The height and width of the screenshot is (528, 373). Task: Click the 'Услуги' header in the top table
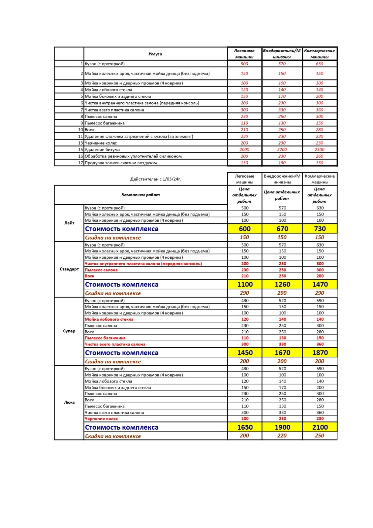click(155, 54)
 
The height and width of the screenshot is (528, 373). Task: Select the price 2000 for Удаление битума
click(244, 149)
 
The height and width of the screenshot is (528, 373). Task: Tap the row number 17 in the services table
click(80, 163)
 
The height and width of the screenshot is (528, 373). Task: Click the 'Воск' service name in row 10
click(89, 130)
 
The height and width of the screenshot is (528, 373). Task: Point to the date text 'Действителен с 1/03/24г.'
click(156, 179)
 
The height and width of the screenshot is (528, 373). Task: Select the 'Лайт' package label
click(69, 223)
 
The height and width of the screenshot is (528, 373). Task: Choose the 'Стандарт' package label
click(69, 269)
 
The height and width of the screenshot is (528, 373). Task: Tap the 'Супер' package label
click(69, 331)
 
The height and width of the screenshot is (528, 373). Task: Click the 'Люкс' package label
click(69, 402)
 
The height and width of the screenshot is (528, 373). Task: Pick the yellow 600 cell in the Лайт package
click(245, 229)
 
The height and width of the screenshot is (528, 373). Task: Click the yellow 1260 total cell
click(282, 284)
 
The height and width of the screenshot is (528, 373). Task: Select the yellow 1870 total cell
click(320, 352)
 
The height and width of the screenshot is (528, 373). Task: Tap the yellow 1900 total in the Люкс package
click(282, 427)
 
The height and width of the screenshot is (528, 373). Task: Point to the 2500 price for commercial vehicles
click(320, 149)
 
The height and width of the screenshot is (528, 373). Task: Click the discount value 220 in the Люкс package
click(282, 436)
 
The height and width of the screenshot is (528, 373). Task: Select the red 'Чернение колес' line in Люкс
click(101, 418)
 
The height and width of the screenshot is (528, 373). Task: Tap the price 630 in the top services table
click(320, 64)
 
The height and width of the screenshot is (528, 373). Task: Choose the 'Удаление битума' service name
click(102, 149)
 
